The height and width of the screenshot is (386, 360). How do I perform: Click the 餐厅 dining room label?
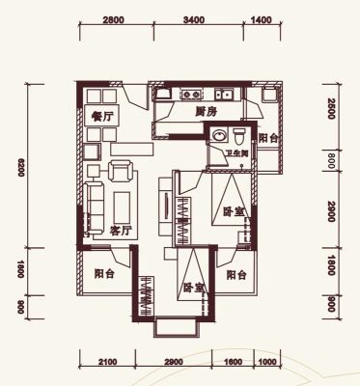tap(102, 117)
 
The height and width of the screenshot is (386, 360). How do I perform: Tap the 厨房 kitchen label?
tap(207, 112)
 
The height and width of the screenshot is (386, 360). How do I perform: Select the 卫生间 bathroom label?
tap(236, 153)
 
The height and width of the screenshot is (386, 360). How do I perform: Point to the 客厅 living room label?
tap(121, 231)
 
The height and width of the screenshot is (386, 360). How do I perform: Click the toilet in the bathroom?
tap(239, 136)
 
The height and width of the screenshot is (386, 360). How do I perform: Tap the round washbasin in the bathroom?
tap(219, 135)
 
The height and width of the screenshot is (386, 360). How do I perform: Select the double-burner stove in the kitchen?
tap(191, 95)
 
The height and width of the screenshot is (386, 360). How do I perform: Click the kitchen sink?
tap(225, 95)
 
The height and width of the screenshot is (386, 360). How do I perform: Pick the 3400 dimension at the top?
tap(194, 20)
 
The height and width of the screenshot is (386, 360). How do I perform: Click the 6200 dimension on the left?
tap(20, 167)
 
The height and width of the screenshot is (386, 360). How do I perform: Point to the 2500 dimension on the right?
tap(331, 109)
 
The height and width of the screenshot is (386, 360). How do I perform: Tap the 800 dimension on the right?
tap(331, 161)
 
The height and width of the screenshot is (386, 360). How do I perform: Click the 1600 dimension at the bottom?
tap(233, 362)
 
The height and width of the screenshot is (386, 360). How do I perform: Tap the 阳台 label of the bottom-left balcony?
tap(104, 274)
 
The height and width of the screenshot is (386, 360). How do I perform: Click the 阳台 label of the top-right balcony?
tap(268, 138)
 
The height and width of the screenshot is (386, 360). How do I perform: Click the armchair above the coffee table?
tap(121, 171)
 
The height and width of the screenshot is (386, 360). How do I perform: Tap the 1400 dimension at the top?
tap(261, 20)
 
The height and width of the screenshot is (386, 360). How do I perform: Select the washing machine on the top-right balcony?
tap(269, 95)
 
